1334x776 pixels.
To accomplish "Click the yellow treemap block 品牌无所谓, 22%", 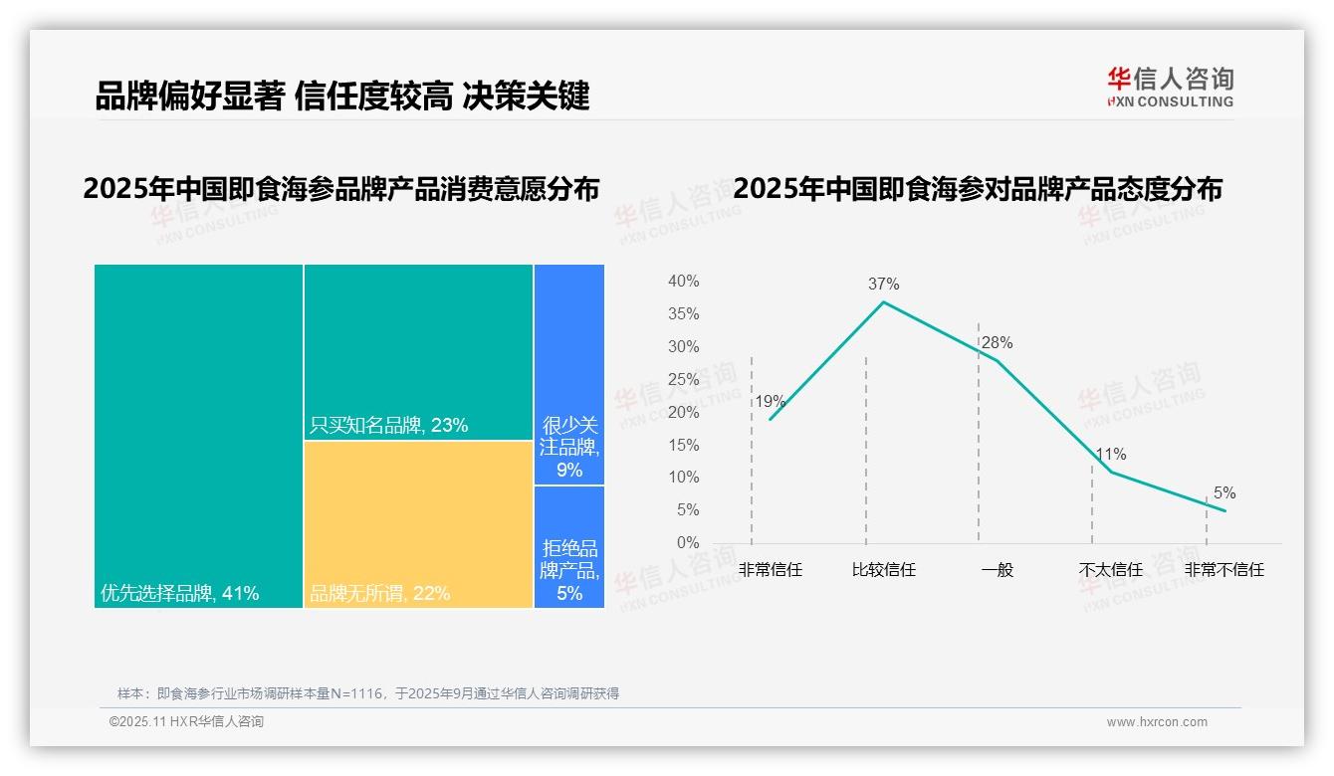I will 418,523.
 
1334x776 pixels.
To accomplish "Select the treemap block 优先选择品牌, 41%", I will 198,435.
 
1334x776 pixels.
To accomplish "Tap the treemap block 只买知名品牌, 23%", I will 418,352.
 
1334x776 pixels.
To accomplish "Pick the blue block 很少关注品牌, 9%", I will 569,374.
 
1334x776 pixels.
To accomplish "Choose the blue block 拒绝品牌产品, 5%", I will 569,546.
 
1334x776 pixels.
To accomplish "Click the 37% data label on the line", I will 883,284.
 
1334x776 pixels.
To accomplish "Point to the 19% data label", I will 770,402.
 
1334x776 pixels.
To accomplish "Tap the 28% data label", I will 997,343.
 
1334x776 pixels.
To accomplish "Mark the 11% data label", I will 1110,455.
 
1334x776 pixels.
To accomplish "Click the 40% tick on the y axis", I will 683,282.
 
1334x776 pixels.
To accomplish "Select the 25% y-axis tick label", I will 683,379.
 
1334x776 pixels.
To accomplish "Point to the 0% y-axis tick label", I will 687,543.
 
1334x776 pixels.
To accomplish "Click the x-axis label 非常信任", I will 770,570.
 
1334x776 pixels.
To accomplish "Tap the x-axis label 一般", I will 997,570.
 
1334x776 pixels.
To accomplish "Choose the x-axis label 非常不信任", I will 1223,570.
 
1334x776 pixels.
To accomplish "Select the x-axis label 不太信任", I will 1110,570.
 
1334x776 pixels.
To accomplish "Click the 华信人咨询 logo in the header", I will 1170,87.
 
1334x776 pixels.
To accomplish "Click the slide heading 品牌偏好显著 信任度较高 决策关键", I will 342,96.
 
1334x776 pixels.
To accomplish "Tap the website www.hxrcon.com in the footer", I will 1157,722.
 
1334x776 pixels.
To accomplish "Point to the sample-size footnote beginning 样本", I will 368,693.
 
